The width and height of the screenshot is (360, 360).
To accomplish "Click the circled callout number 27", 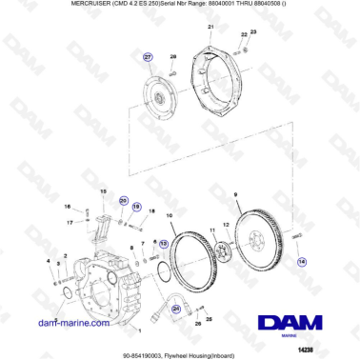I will click(x=148, y=58).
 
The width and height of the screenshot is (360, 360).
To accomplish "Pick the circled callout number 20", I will click(x=123, y=201).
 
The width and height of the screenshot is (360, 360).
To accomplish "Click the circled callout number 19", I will click(x=136, y=207).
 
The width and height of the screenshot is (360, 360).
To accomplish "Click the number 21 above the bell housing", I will click(x=210, y=29).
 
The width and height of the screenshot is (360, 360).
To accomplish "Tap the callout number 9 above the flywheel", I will click(x=235, y=193).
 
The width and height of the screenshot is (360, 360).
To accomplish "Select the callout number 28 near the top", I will click(x=173, y=58).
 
